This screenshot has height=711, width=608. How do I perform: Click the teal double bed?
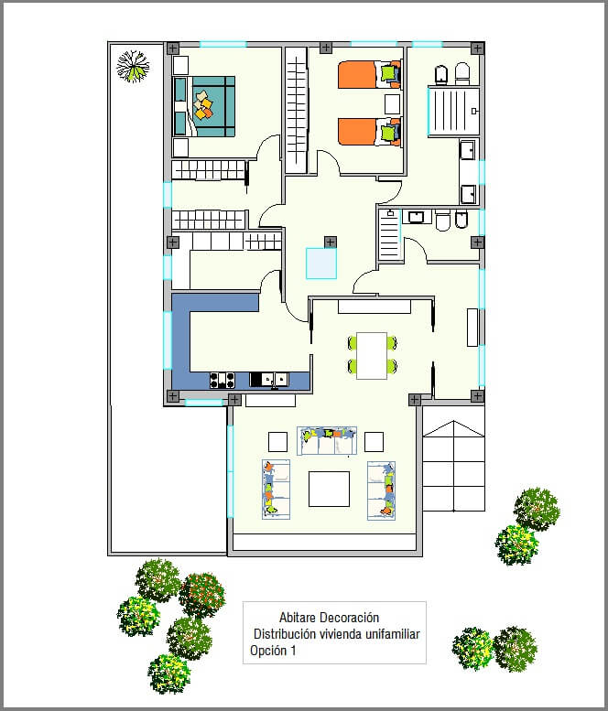(204, 106)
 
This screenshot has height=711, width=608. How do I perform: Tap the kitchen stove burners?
(223, 380)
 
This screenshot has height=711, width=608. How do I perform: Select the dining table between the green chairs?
(372, 355)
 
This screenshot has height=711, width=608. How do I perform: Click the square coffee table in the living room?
(329, 489)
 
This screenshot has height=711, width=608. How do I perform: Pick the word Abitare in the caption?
(298, 617)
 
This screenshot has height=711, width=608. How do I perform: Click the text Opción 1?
(273, 651)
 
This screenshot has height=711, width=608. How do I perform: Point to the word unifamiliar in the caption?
(393, 634)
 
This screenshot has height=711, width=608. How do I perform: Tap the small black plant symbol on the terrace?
(133, 66)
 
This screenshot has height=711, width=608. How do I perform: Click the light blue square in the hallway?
(321, 263)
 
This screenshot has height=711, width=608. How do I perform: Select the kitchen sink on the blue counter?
(269, 380)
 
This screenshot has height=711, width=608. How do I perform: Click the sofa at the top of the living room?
(327, 441)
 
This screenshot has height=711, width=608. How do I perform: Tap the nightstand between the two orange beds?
(393, 103)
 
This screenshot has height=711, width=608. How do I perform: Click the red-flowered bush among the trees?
(202, 595)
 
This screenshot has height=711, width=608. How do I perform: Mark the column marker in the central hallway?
(331, 242)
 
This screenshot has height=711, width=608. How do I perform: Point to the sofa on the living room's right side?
(381, 490)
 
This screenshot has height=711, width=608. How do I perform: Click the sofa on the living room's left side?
(276, 490)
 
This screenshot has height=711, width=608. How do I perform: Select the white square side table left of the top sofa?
(277, 442)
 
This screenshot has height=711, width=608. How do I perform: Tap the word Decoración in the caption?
(350, 617)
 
